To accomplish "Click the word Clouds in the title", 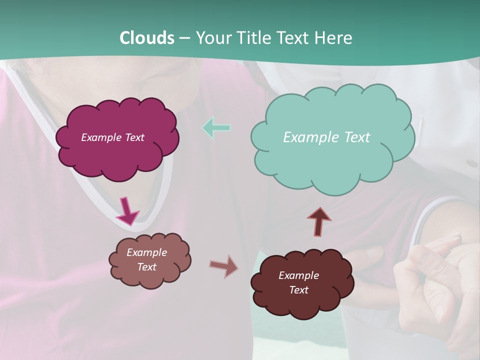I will coord(146,38).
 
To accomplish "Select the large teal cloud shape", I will coord(330,160).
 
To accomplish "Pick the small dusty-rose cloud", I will coord(149,277).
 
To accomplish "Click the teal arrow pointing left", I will coord(216,128).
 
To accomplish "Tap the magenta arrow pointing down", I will coord(127,211).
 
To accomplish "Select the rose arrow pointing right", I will coord(224,266).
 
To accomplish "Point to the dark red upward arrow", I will coord(319,221).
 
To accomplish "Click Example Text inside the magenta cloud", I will coord(112,137).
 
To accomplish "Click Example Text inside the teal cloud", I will coord(326,137).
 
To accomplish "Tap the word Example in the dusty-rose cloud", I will coord(146,252).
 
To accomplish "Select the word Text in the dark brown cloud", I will coord(298,290).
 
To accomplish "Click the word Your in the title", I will coord(211,38).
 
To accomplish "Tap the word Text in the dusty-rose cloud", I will coord(146,267).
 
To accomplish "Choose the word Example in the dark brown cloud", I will coord(298,275).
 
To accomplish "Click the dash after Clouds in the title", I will coord(184,38).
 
